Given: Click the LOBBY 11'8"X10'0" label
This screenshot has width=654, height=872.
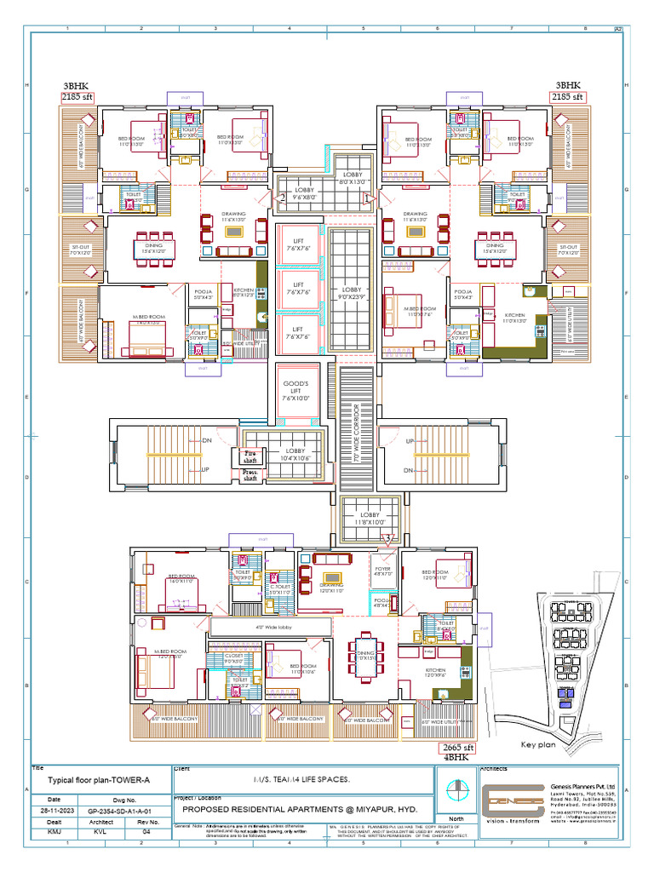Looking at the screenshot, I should pos(370,519).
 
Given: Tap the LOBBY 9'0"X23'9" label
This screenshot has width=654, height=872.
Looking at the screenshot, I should pos(352,293).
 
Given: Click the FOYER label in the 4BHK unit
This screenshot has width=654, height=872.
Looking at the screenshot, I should pos(382,571).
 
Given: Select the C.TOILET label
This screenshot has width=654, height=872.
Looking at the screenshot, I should pos(279,588).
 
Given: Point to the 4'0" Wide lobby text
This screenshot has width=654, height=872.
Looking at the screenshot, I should pos(270,628).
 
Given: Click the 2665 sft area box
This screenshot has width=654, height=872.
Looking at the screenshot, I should pos(456,748).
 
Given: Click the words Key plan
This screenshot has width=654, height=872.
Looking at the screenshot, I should pos(537,743).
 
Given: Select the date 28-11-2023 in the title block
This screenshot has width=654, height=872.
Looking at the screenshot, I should pos(54,812).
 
